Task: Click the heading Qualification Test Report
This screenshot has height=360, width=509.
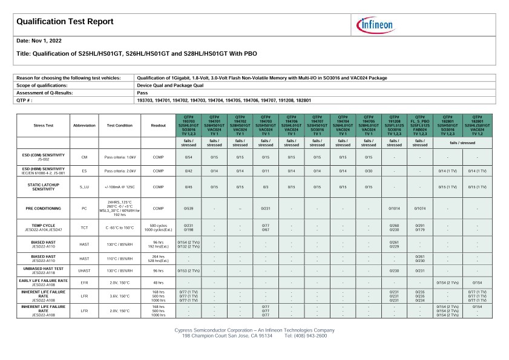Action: tap(65, 22)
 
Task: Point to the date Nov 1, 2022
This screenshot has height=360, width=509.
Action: tap(39, 41)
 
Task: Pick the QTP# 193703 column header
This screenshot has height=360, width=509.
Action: tap(188, 125)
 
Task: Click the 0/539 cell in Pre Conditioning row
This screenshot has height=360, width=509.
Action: tap(188, 208)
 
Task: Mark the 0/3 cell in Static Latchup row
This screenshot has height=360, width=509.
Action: tap(265, 188)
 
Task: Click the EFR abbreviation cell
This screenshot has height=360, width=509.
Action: tap(84, 283)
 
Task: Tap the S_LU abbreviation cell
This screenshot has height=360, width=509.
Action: tap(84, 188)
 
